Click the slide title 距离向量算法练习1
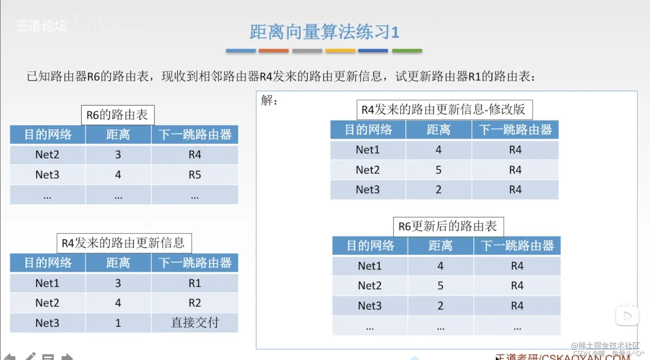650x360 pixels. pyautogui.click(x=324, y=32)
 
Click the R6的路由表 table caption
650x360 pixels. pyautogui.click(x=117, y=115)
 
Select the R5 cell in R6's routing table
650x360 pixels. pyautogui.click(x=195, y=175)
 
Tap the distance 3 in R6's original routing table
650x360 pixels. pyautogui.click(x=118, y=155)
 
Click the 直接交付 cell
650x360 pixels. pyautogui.click(x=195, y=323)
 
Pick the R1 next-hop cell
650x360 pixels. pyautogui.click(x=195, y=283)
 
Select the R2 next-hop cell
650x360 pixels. pyautogui.click(x=195, y=303)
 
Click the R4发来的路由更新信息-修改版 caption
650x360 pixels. pyautogui.click(x=444, y=110)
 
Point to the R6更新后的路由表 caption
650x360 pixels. pyautogui.click(x=448, y=226)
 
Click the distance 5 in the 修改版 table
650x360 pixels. pyautogui.click(x=438, y=170)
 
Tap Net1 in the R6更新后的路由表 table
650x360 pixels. pyautogui.click(x=370, y=266)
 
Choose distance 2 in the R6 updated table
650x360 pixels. pyautogui.click(x=441, y=306)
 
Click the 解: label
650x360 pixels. pyautogui.click(x=270, y=101)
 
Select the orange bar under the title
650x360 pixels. pyautogui.click(x=273, y=51)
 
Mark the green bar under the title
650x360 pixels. pyautogui.click(x=407, y=51)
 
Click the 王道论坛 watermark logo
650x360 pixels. pyautogui.click(x=41, y=26)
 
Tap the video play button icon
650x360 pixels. pyautogui.click(x=627, y=316)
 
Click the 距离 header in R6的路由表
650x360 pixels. pyautogui.click(x=118, y=135)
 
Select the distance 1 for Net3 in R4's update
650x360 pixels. pyautogui.click(x=118, y=323)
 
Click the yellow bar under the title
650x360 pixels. pyautogui.click(x=340, y=51)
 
